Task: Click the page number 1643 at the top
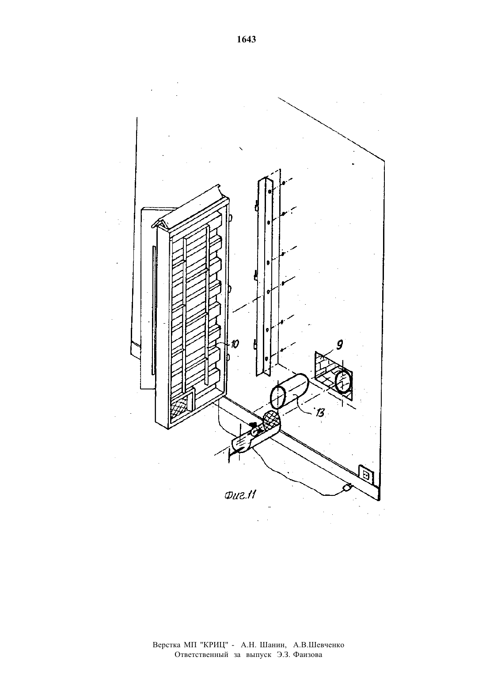pos(247,40)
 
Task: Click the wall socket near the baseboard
pos(365,475)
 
